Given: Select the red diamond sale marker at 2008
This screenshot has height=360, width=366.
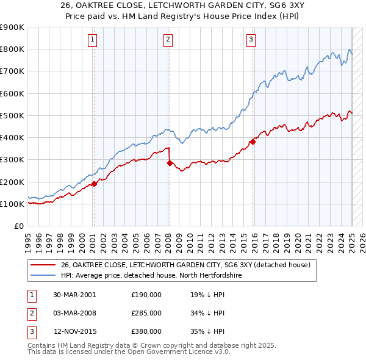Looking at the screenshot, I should coord(170,163).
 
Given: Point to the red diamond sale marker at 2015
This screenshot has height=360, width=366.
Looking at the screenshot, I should coord(253,142).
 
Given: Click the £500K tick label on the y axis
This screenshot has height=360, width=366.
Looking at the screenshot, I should coord(12,115).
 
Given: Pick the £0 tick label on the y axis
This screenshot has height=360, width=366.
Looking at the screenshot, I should coord(20,226).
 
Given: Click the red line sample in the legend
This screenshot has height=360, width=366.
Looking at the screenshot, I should coord(43,265).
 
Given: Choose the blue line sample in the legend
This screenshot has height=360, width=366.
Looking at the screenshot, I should coord(43,275).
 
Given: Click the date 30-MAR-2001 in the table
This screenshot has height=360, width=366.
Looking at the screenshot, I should coord(74,295).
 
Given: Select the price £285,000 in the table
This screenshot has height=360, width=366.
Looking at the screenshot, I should coord(146,313).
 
